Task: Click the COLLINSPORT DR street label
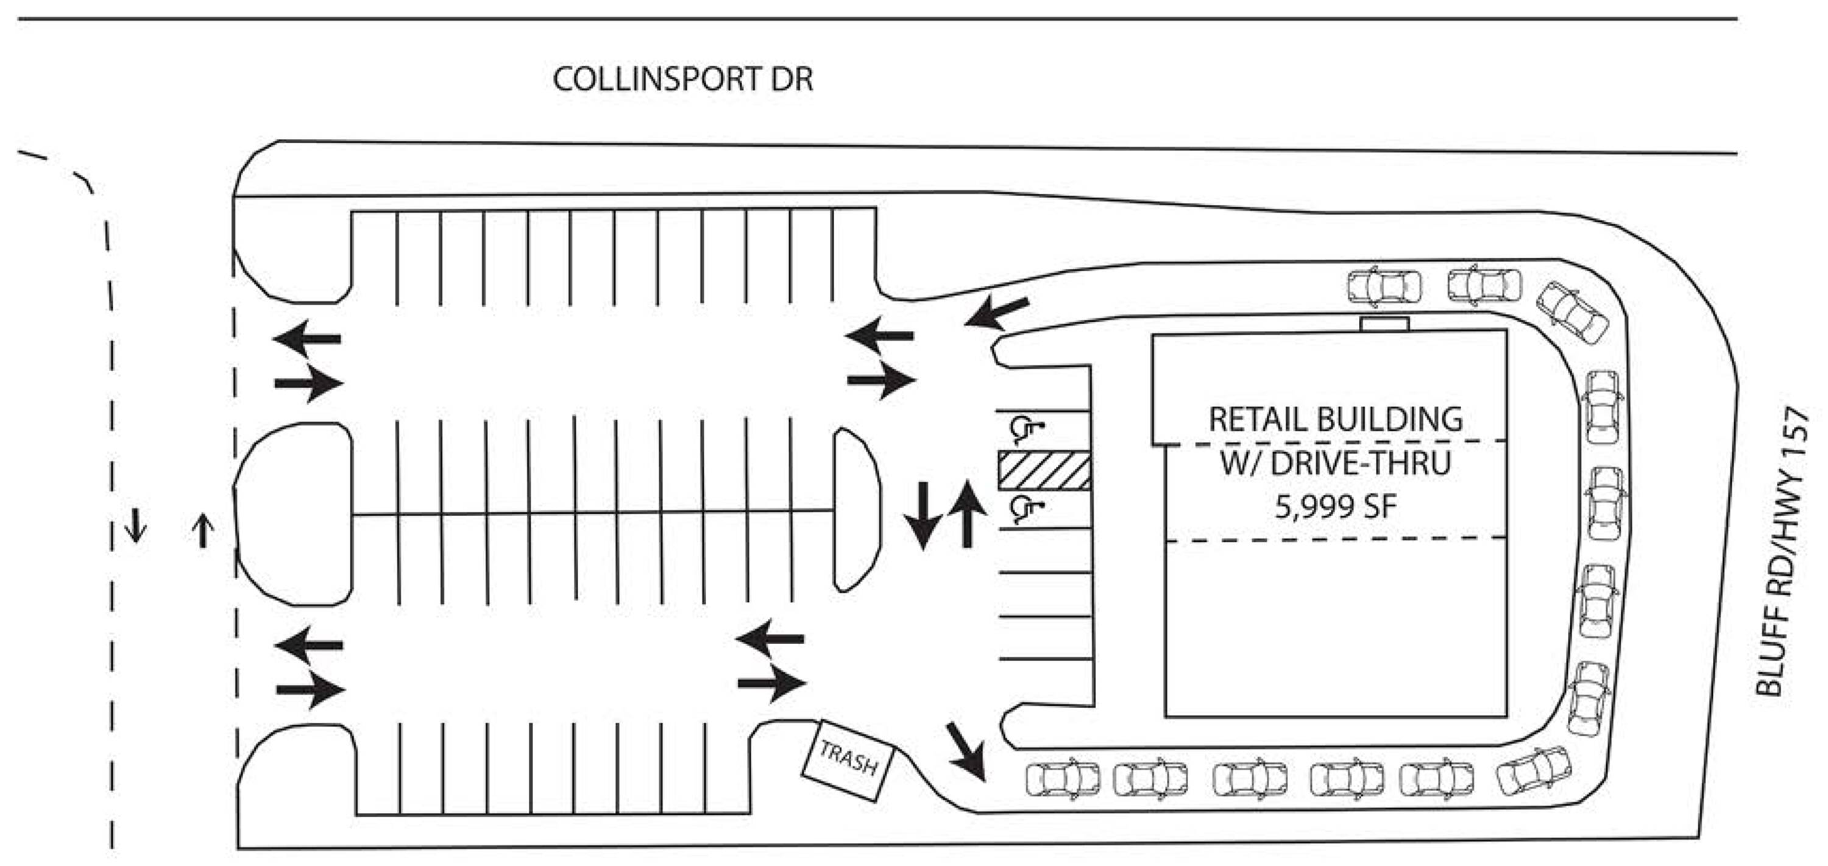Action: [x=682, y=79]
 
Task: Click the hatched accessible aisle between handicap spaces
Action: [x=1044, y=470]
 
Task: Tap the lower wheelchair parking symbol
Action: [x=1025, y=509]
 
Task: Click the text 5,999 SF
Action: [x=1336, y=507]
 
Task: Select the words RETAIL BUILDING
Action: [x=1336, y=419]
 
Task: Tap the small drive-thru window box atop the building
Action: [x=1384, y=324]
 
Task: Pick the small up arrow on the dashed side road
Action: [x=203, y=531]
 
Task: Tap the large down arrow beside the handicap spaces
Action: [x=923, y=514]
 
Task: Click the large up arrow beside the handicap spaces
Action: [x=967, y=513]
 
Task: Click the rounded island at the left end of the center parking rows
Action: [x=293, y=514]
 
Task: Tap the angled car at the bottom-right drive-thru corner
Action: [x=1534, y=771]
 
